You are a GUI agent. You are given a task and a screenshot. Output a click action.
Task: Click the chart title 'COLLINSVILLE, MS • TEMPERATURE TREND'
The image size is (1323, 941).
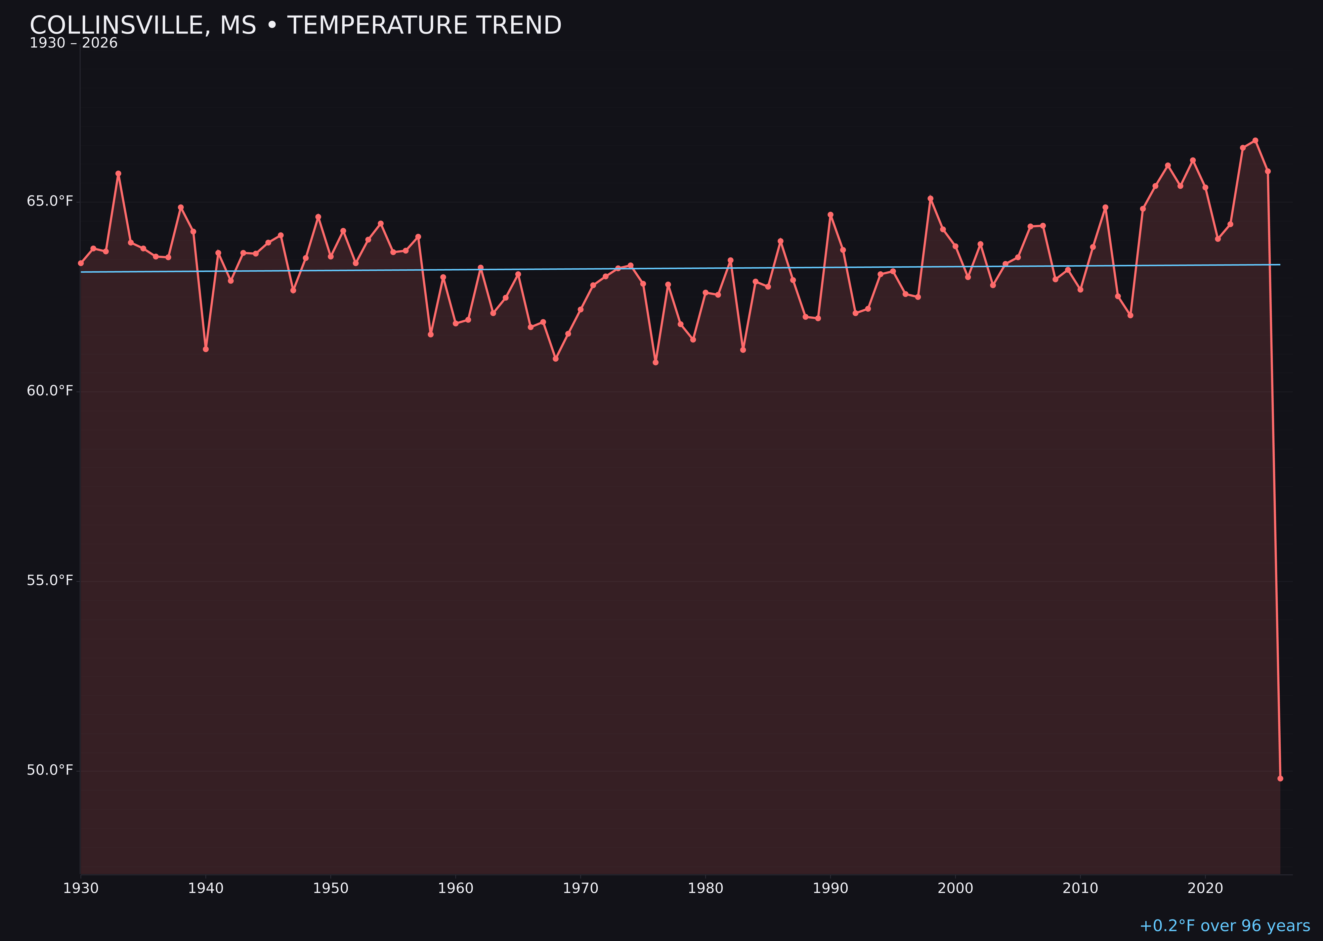point(295,25)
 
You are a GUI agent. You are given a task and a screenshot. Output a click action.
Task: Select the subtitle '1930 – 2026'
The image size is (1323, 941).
point(73,43)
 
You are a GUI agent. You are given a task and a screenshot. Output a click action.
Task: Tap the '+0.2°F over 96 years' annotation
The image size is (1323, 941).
point(1224,925)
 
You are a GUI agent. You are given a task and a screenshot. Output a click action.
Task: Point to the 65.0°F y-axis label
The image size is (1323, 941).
point(50,201)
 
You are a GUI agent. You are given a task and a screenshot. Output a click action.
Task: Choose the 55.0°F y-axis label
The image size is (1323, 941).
point(50,581)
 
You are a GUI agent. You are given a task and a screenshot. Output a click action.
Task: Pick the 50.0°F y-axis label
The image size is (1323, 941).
point(50,770)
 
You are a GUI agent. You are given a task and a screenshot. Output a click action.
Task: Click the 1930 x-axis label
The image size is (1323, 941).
point(80,888)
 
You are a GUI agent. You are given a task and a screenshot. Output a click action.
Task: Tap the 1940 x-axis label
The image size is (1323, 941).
point(206,888)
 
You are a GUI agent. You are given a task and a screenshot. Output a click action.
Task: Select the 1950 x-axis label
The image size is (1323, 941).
point(331,888)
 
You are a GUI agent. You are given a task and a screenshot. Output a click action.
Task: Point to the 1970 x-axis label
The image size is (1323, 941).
point(580,888)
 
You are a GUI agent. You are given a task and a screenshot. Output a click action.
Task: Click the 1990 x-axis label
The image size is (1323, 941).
point(830,888)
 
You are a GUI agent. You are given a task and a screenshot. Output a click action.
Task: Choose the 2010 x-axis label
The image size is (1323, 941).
point(1080,888)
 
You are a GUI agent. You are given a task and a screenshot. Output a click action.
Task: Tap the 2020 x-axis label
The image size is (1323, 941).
point(1205,888)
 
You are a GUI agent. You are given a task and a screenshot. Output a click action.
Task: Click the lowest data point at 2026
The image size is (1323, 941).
point(1280,778)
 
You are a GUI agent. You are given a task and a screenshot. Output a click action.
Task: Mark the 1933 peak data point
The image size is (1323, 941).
point(118,173)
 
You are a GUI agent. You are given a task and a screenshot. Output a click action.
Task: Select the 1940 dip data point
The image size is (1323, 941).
point(206,349)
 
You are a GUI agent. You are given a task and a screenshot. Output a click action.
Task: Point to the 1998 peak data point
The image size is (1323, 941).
point(930,198)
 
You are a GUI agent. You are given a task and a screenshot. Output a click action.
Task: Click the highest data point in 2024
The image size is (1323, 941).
point(1255,140)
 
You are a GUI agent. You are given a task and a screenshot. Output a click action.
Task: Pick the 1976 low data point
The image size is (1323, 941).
point(656,362)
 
